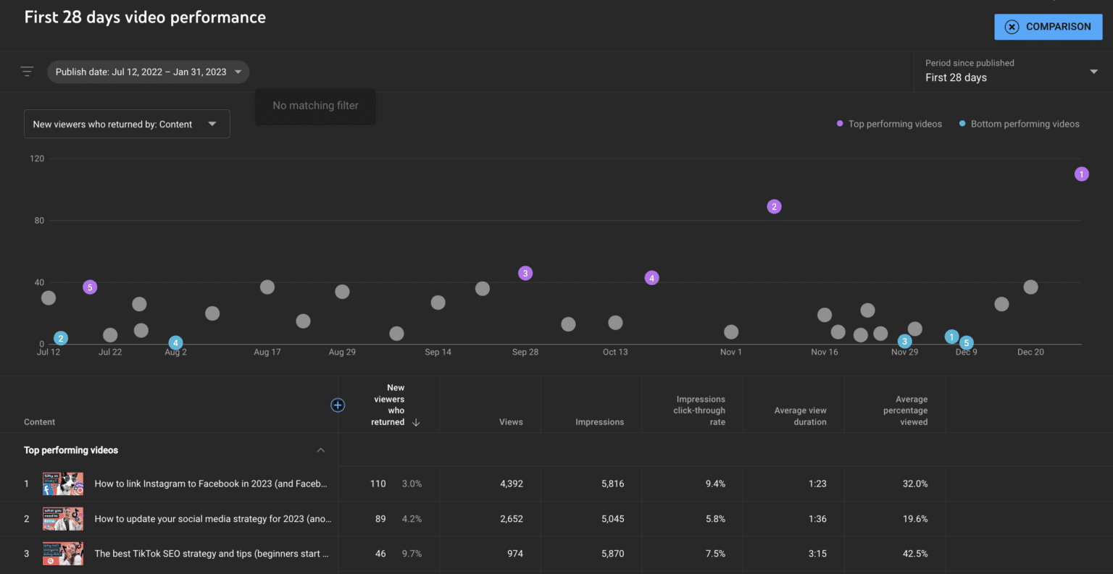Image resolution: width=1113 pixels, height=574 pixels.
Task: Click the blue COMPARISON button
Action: tap(1048, 27)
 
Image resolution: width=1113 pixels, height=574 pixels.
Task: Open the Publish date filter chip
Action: tap(148, 72)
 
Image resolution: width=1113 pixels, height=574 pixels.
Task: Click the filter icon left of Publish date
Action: tap(27, 72)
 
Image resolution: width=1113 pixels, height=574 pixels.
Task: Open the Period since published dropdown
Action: tap(1011, 71)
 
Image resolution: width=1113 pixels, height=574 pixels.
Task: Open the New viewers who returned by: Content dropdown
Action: tap(127, 124)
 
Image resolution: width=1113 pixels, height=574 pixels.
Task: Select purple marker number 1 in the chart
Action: tap(1081, 174)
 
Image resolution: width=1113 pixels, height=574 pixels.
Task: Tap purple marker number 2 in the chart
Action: tap(774, 207)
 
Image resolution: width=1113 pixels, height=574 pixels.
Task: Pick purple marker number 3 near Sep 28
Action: tap(525, 273)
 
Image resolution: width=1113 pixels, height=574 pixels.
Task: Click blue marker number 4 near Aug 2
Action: tap(175, 343)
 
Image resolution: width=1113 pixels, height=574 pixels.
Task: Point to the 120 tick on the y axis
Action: tap(37, 159)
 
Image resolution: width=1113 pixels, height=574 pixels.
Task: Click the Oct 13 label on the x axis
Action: tap(615, 353)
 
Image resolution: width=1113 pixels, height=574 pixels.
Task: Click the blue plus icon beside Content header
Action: tap(338, 405)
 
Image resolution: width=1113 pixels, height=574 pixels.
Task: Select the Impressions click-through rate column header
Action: tap(699, 410)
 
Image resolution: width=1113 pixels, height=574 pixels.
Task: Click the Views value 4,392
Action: tap(511, 484)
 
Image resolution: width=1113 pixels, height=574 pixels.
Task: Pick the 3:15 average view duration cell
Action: tap(817, 554)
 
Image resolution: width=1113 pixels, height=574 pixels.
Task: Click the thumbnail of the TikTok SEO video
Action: tap(63, 554)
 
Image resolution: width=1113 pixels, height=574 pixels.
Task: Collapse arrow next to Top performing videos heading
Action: tap(320, 450)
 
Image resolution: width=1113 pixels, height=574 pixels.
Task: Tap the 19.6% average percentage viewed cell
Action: tap(914, 519)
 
